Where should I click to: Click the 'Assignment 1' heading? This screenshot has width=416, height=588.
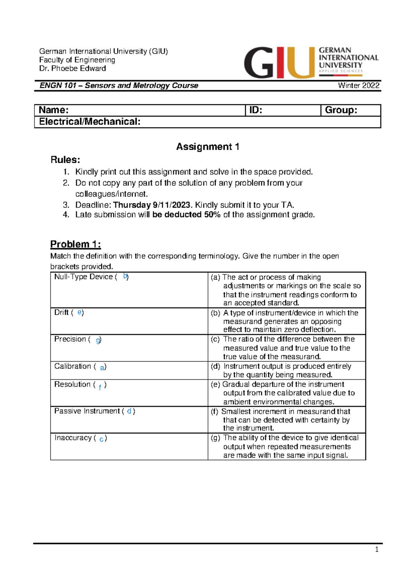pyautogui.click(x=208, y=147)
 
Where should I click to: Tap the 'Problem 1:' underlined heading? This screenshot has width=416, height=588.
pyautogui.click(x=76, y=244)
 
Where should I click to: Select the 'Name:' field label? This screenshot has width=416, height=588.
pyautogui.click(x=54, y=110)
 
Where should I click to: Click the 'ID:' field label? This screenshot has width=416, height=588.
pyautogui.click(x=256, y=110)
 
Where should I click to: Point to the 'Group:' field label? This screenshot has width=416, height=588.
pyautogui.click(x=341, y=110)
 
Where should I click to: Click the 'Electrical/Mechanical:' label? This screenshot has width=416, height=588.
pyautogui.click(x=90, y=122)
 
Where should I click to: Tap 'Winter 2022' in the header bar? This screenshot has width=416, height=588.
pyautogui.click(x=358, y=86)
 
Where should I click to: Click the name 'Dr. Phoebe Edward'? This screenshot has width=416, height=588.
pyautogui.click(x=72, y=68)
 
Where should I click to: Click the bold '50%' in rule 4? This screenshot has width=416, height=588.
pyautogui.click(x=212, y=215)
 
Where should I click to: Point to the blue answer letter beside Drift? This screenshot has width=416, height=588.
pyautogui.click(x=79, y=312)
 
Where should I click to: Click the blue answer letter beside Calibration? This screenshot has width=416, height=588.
pyautogui.click(x=102, y=367)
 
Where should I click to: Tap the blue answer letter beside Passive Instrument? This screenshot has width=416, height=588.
pyautogui.click(x=129, y=411)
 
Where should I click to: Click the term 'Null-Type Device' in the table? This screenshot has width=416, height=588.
pyautogui.click(x=84, y=277)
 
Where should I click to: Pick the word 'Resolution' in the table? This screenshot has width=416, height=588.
pyautogui.click(x=72, y=384)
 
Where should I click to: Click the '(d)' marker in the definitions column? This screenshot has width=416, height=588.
pyautogui.click(x=215, y=366)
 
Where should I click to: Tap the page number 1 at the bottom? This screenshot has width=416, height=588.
pyautogui.click(x=376, y=550)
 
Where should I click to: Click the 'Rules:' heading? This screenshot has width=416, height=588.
pyautogui.click(x=65, y=160)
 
